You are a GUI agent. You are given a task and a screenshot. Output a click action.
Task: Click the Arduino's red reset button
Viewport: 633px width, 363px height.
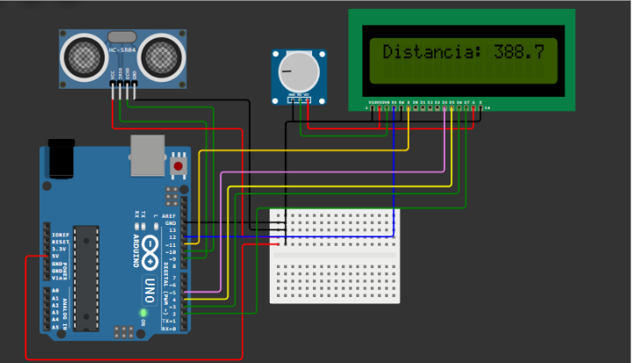point(178,165)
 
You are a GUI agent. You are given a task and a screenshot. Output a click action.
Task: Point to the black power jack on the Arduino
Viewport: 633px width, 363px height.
point(61,159)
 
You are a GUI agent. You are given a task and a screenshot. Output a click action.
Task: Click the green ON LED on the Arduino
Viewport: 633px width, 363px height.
point(142,312)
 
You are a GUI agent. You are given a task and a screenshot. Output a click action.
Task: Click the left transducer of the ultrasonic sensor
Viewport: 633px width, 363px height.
point(81,56)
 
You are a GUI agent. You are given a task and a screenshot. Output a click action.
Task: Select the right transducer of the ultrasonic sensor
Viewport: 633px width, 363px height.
point(162,56)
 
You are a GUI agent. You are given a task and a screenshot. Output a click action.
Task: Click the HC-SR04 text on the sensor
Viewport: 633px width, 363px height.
point(121,51)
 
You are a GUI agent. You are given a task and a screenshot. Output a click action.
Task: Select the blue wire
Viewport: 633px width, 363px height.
point(395,176)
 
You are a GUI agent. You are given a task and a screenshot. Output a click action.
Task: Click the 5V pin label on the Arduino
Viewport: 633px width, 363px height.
point(59,257)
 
